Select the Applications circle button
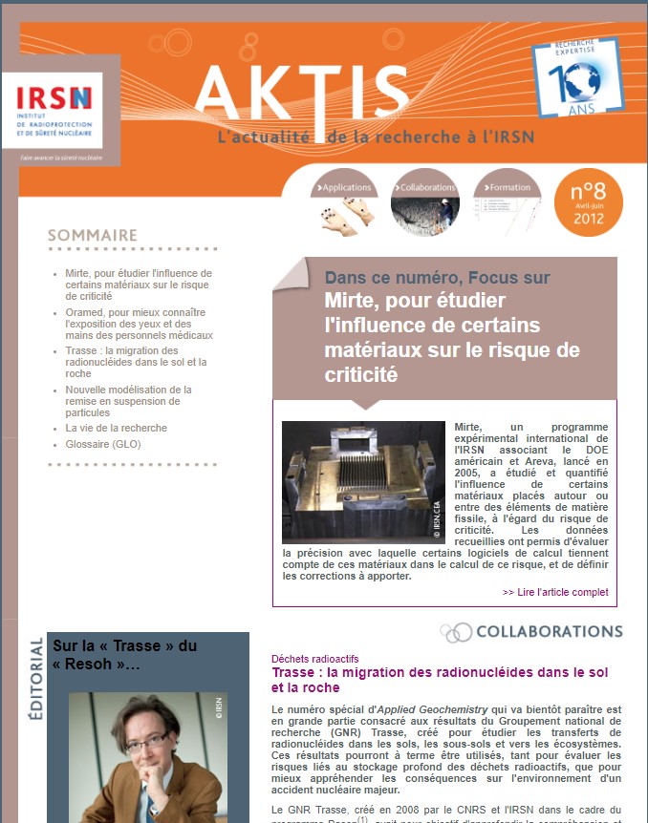[x=344, y=201]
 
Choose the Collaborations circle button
[x=425, y=201]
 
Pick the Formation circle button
[x=507, y=201]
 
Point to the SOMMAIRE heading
[x=93, y=235]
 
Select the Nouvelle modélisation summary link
[x=129, y=402]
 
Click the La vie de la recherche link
[x=116, y=428]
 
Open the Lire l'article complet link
[x=555, y=592]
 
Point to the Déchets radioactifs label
[x=315, y=659]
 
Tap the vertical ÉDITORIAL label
[x=36, y=679]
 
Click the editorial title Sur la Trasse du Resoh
[x=123, y=655]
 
